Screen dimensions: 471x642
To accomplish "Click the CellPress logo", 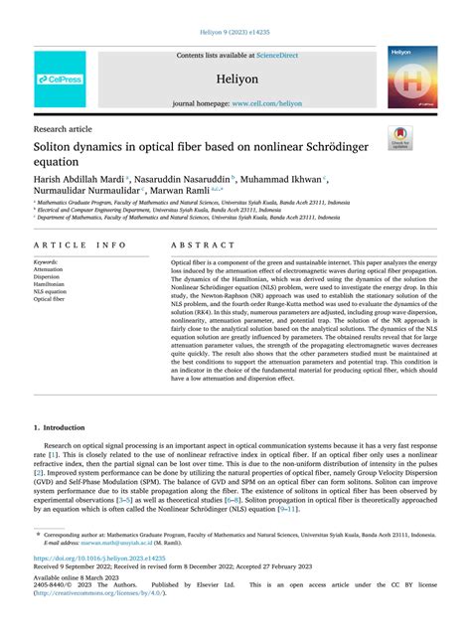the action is pyautogui.click(x=60, y=79).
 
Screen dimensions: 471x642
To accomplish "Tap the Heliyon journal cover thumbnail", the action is pyautogui.click(x=411, y=77).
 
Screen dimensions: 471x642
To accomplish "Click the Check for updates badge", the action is pyautogui.click(x=401, y=137).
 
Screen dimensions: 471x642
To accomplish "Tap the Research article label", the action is pyautogui.click(x=65, y=128).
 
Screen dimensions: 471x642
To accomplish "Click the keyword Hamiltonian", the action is pyautogui.click(x=52, y=283).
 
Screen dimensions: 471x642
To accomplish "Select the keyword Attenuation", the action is pyautogui.click(x=51, y=269).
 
